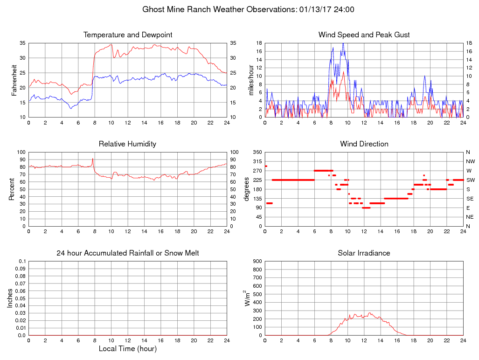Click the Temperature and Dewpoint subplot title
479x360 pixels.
tap(128, 35)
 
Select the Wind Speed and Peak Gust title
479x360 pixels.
tap(364, 35)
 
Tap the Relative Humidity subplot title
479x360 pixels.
tap(127, 144)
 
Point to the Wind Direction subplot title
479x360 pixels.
tap(364, 144)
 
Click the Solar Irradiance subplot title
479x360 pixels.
tap(364, 253)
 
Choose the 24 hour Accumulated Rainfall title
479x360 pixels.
tap(128, 253)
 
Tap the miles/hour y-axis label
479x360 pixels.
tap(251, 80)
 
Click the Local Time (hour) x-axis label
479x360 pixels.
tap(127, 349)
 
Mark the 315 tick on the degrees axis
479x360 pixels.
tap(257, 161)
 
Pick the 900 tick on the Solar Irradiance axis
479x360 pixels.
tap(257, 261)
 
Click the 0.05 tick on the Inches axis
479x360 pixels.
tap(21, 298)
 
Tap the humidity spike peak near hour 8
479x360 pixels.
tap(93, 159)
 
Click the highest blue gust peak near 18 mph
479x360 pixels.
tap(343, 43)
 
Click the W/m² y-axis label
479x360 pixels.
tap(248, 298)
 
